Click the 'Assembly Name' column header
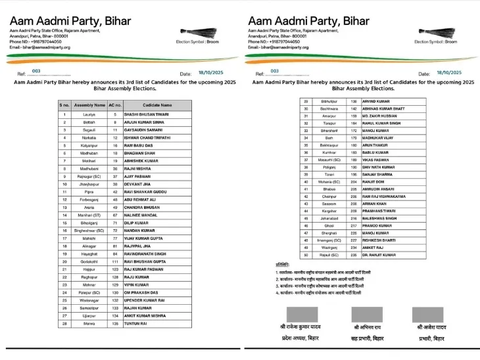tap(89, 104)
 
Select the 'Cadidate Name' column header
tap(157, 104)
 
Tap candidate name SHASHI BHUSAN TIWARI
tap(146, 114)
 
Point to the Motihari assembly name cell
tap(89, 160)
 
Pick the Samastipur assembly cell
tap(89, 306)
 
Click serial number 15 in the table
tap(64, 222)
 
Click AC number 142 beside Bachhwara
tap(354, 108)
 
